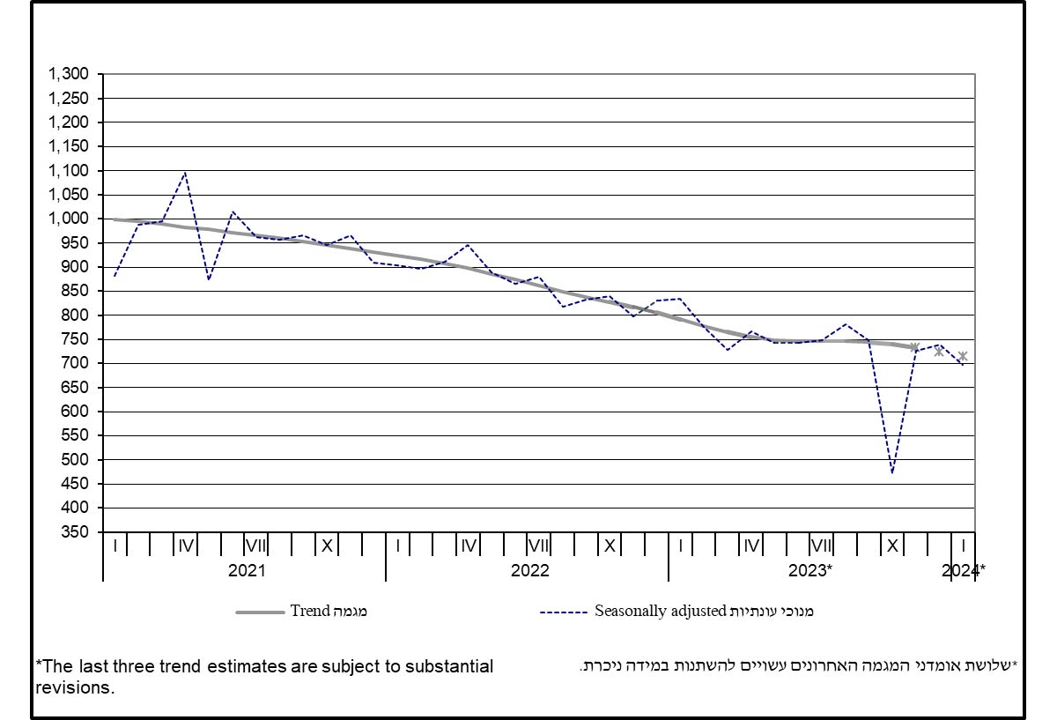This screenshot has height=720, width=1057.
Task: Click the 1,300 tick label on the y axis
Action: click(x=70, y=74)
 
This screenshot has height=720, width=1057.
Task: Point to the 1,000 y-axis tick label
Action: click(x=70, y=219)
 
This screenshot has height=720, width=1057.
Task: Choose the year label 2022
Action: click(x=529, y=570)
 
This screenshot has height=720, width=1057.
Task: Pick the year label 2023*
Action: click(x=809, y=570)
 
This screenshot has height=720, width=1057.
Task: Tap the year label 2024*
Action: click(x=963, y=570)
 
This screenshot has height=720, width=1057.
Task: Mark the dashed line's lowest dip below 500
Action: click(x=892, y=473)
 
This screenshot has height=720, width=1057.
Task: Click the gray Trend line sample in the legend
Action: click(x=261, y=611)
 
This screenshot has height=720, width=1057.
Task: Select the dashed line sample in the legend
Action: click(x=565, y=611)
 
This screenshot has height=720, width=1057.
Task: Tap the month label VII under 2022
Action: click(x=539, y=546)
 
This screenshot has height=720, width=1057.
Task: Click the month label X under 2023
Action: click(x=892, y=546)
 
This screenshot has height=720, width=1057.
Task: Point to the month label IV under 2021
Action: click(x=185, y=546)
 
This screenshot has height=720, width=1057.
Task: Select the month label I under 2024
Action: click(x=964, y=546)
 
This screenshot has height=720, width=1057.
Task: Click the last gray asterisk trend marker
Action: click(x=963, y=357)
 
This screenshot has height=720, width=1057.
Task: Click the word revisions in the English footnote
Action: click(x=75, y=687)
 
